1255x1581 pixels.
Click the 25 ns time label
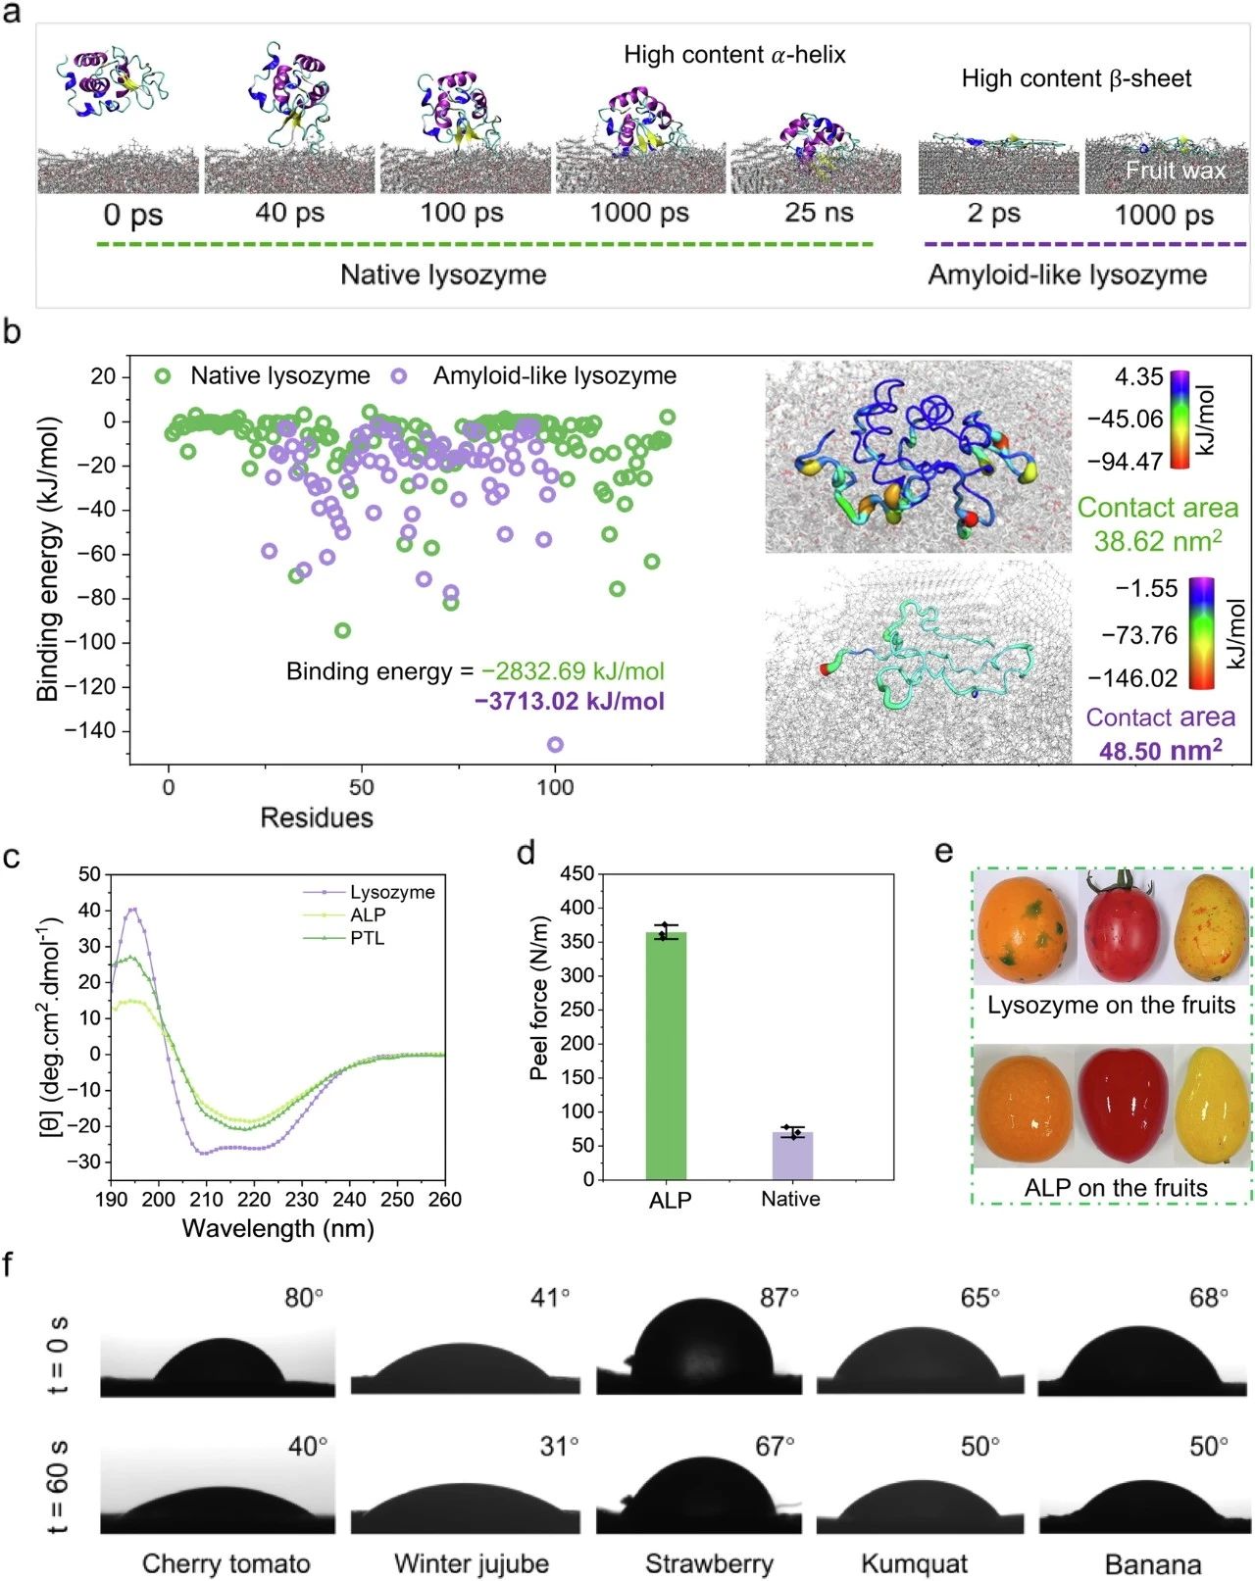coord(819,213)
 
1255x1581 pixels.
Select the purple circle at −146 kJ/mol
coord(556,744)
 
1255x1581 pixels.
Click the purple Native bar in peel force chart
coord(792,1156)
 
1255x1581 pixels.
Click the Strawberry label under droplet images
coord(709,1563)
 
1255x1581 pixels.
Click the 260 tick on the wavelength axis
coord(444,1199)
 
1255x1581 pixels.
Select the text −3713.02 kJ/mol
coord(570,701)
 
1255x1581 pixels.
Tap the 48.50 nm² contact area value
coord(1161,750)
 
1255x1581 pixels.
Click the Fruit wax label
coord(1176,171)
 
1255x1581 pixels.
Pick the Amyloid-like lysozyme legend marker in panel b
coord(398,376)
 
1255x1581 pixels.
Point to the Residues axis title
coord(317,817)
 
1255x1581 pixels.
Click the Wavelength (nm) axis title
coord(277,1227)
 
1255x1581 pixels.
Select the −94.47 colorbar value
coord(1126,462)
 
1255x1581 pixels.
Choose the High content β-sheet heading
coord(1077,78)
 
